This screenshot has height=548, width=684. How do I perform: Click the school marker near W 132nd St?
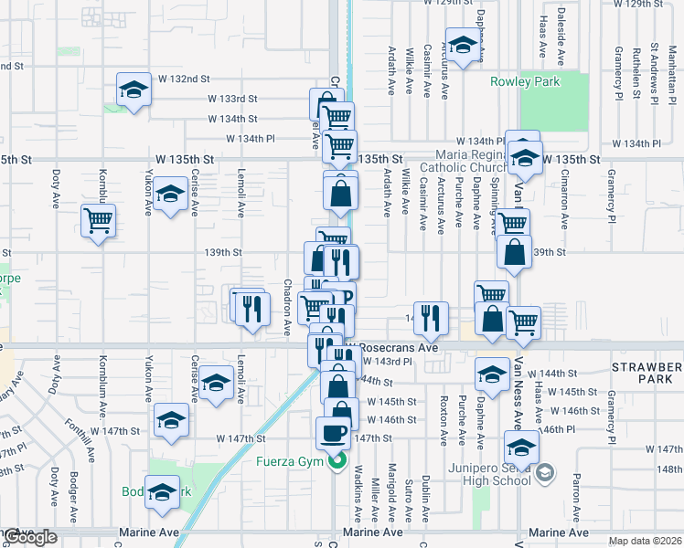[134, 90]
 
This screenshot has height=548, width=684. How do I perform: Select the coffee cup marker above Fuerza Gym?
[333, 432]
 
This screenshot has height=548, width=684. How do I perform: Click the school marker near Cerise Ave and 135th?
[170, 194]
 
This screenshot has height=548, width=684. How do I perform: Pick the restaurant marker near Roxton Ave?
[432, 317]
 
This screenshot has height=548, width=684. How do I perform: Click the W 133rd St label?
[233, 99]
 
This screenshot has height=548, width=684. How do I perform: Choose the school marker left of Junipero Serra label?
[522, 448]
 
